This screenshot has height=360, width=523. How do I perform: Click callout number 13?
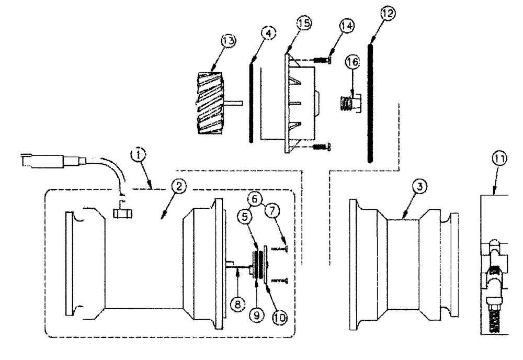pyautogui.click(x=214, y=40)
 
